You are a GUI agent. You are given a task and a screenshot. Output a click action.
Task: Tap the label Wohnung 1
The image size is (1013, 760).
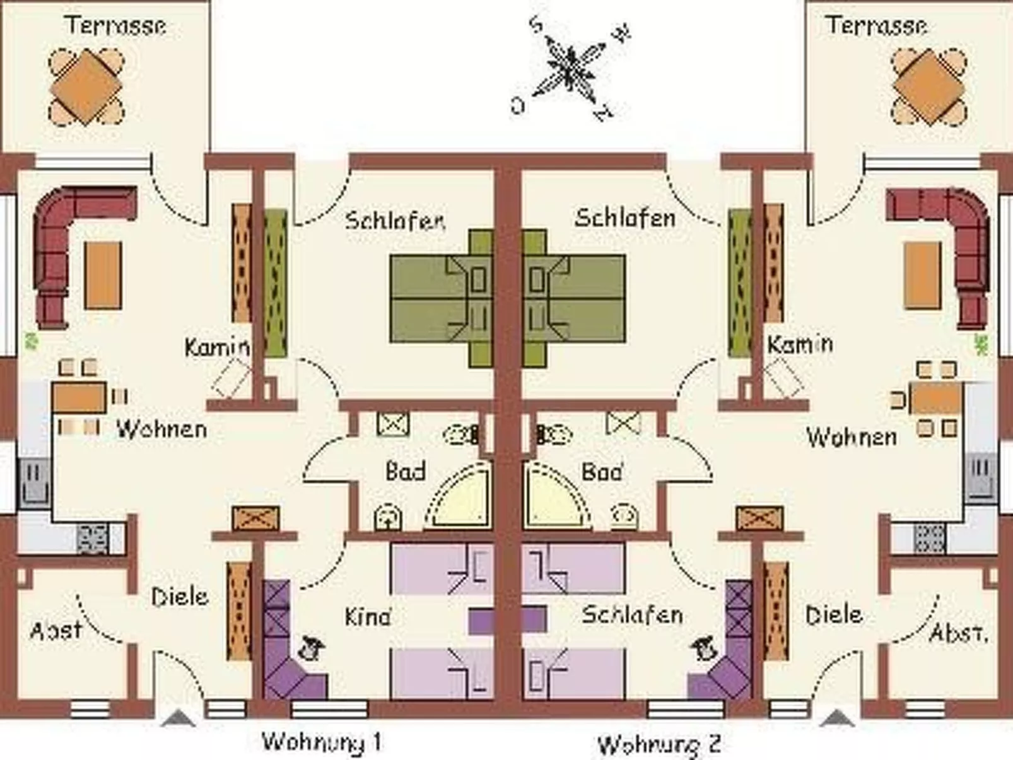click(x=321, y=742)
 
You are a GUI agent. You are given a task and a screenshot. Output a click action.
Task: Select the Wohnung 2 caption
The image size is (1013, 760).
click(x=659, y=745)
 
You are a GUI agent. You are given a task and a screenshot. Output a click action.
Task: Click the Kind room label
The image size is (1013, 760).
click(x=368, y=616)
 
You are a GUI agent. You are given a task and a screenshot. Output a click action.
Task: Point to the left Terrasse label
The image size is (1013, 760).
click(x=116, y=25)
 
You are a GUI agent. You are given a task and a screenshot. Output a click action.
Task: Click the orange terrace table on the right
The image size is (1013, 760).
click(x=929, y=87)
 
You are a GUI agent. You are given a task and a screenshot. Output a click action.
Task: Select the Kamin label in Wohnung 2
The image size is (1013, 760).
click(x=800, y=344)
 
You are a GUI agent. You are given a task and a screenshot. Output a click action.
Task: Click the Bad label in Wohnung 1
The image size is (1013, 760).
click(x=406, y=471)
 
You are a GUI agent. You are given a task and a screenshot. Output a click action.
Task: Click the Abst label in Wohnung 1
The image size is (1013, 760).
click(x=56, y=629)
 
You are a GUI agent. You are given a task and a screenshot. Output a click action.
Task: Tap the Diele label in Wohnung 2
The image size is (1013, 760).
click(x=834, y=614)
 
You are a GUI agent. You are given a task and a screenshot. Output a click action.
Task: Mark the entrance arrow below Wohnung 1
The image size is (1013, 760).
click(x=179, y=718)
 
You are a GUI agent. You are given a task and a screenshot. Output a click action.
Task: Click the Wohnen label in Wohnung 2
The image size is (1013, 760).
click(x=852, y=436)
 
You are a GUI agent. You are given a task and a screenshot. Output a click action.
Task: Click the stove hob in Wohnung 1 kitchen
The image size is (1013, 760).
click(x=93, y=538)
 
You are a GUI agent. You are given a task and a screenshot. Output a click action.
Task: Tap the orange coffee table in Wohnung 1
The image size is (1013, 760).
click(x=103, y=275)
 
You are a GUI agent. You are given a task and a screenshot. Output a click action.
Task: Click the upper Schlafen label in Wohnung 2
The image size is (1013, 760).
click(x=624, y=218)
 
